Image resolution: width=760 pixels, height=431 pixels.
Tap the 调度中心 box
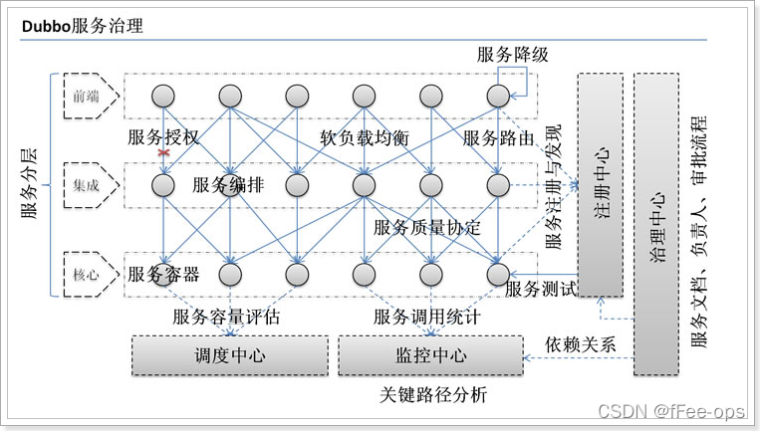coord(229,355)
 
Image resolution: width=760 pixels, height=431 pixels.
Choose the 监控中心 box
coord(430,355)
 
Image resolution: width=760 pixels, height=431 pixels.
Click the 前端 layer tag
coord(87,96)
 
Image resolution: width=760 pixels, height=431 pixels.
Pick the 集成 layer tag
coord(87,185)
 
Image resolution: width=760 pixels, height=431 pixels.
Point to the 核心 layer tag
coord(87,275)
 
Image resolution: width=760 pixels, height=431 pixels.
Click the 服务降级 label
coord(513,55)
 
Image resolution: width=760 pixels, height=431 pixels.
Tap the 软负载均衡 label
coord(365,138)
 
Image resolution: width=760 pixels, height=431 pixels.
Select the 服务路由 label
coord(499,138)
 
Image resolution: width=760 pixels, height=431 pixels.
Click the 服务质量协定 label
coord(426,228)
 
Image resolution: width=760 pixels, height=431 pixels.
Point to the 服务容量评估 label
coord(226,317)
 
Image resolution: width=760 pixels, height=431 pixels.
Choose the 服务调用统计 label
coord(427,317)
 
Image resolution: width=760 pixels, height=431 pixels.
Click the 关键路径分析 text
coord(434,394)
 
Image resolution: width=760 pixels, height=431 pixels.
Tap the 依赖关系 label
coord(580,344)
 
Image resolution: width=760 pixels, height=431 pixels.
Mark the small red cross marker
coord(161,152)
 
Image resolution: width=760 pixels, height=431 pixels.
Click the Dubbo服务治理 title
coord(83,26)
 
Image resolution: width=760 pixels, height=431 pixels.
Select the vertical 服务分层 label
coord(29,185)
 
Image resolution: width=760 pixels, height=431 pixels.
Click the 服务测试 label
coord(541,290)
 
